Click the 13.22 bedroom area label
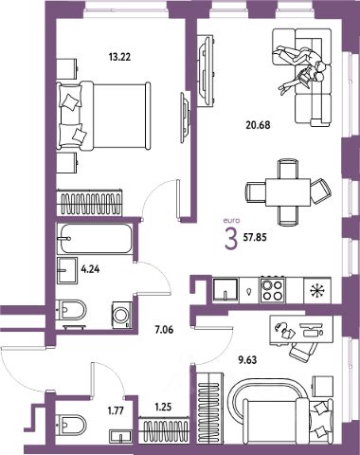(119, 57)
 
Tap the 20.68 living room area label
(258, 125)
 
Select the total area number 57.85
(255, 237)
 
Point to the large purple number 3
(231, 239)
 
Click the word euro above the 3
(231, 221)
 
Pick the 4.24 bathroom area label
(90, 269)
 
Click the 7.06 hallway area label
(164, 330)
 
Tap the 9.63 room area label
(247, 360)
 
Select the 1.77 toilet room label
(116, 410)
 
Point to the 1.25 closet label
(164, 407)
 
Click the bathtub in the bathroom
(94, 239)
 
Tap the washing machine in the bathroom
(121, 315)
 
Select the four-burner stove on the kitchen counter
(272, 290)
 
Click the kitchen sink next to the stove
(225, 289)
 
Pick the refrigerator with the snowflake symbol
(317, 290)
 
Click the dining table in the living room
(288, 192)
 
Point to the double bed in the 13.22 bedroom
(103, 116)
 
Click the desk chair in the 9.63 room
(303, 351)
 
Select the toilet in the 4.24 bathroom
(71, 309)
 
